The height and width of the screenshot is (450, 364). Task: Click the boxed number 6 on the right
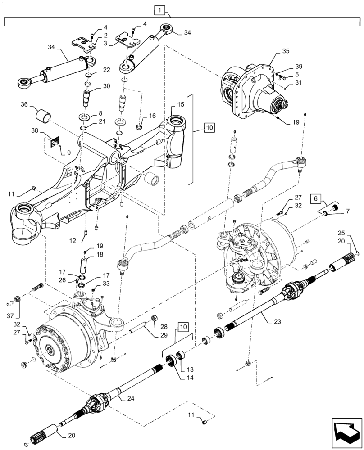tap(315, 198)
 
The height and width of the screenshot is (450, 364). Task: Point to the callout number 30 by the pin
tap(106, 86)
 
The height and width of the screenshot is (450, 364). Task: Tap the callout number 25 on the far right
tap(341, 233)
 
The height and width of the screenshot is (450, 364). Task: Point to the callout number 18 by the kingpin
tap(100, 255)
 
